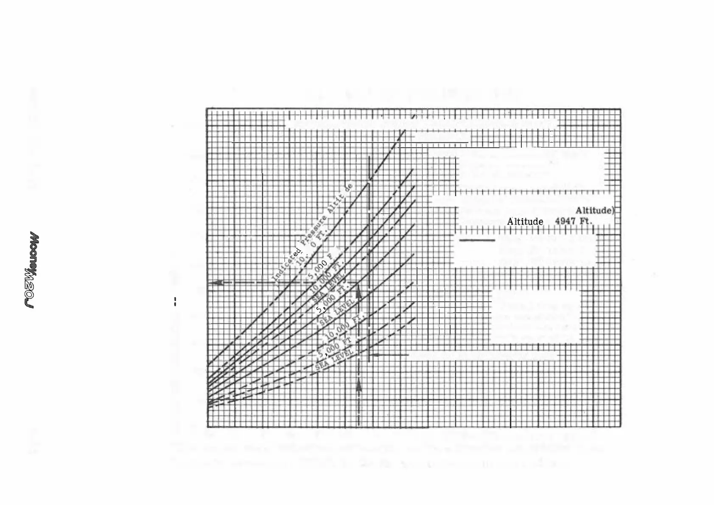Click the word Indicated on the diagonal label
(285, 266)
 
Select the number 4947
(565, 222)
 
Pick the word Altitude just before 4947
(525, 222)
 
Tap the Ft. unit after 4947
(585, 222)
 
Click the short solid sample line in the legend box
(477, 241)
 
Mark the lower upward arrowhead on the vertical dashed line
(359, 386)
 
